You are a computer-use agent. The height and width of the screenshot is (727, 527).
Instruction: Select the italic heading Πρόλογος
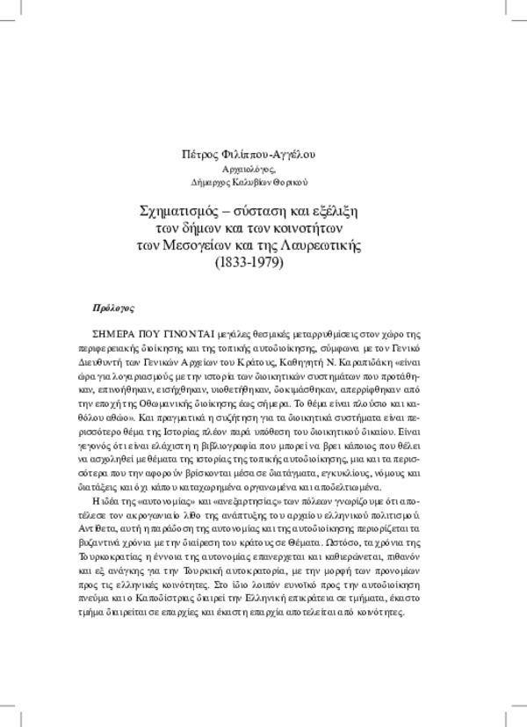[112, 309]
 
